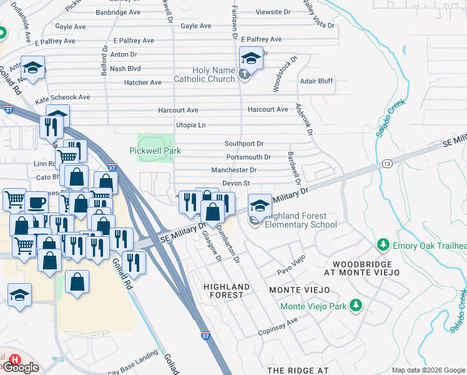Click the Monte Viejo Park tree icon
tap(356, 306)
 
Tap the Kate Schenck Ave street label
tap(62, 98)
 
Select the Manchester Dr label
tap(234, 170)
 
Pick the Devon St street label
tap(236, 183)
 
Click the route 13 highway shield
tap(388, 163)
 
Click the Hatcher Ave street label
tap(143, 82)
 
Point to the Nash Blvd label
tap(125, 69)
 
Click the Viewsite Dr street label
tap(273, 12)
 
